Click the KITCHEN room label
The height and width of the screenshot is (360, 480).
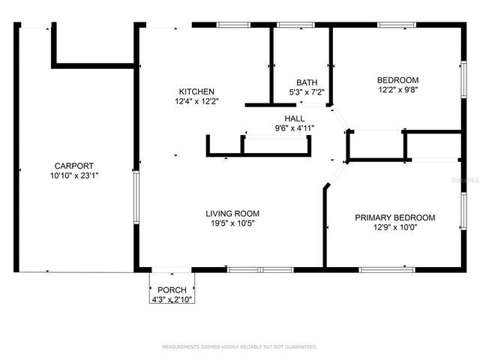[196, 91]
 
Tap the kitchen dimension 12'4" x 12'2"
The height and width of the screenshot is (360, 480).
[196, 101]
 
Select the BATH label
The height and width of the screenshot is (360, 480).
[307, 82]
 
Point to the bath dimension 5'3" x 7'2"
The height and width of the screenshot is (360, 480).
[307, 92]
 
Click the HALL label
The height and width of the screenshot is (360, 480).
[294, 118]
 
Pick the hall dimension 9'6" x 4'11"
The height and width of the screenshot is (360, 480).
[294, 128]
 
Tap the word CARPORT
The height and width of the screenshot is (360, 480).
[73, 166]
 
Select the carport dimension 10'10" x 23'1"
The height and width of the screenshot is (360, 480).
[73, 175]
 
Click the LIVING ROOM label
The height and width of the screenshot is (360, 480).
[232, 214]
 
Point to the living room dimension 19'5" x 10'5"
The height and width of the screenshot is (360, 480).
[232, 223]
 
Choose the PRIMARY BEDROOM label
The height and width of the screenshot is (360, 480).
[394, 218]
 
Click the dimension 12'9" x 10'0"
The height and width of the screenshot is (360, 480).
[394, 228]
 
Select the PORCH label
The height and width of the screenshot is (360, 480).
[172, 289]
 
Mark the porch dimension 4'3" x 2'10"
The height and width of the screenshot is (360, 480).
[172, 299]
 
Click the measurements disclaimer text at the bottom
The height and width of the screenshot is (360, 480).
[240, 346]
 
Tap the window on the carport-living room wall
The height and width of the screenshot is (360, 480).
[136, 197]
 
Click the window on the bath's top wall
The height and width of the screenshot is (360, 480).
[295, 25]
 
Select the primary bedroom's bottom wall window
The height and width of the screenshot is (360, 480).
[386, 269]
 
